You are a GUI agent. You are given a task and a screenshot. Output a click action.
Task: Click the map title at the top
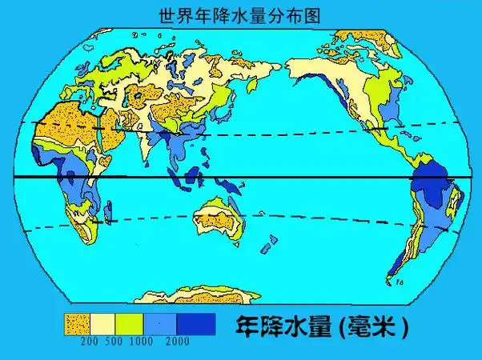240,14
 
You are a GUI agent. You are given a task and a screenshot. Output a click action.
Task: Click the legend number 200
89,342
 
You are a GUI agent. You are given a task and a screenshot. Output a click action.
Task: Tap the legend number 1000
142,342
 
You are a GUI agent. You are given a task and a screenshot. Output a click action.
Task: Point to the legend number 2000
179,342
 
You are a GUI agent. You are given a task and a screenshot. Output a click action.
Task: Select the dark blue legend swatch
196,323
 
